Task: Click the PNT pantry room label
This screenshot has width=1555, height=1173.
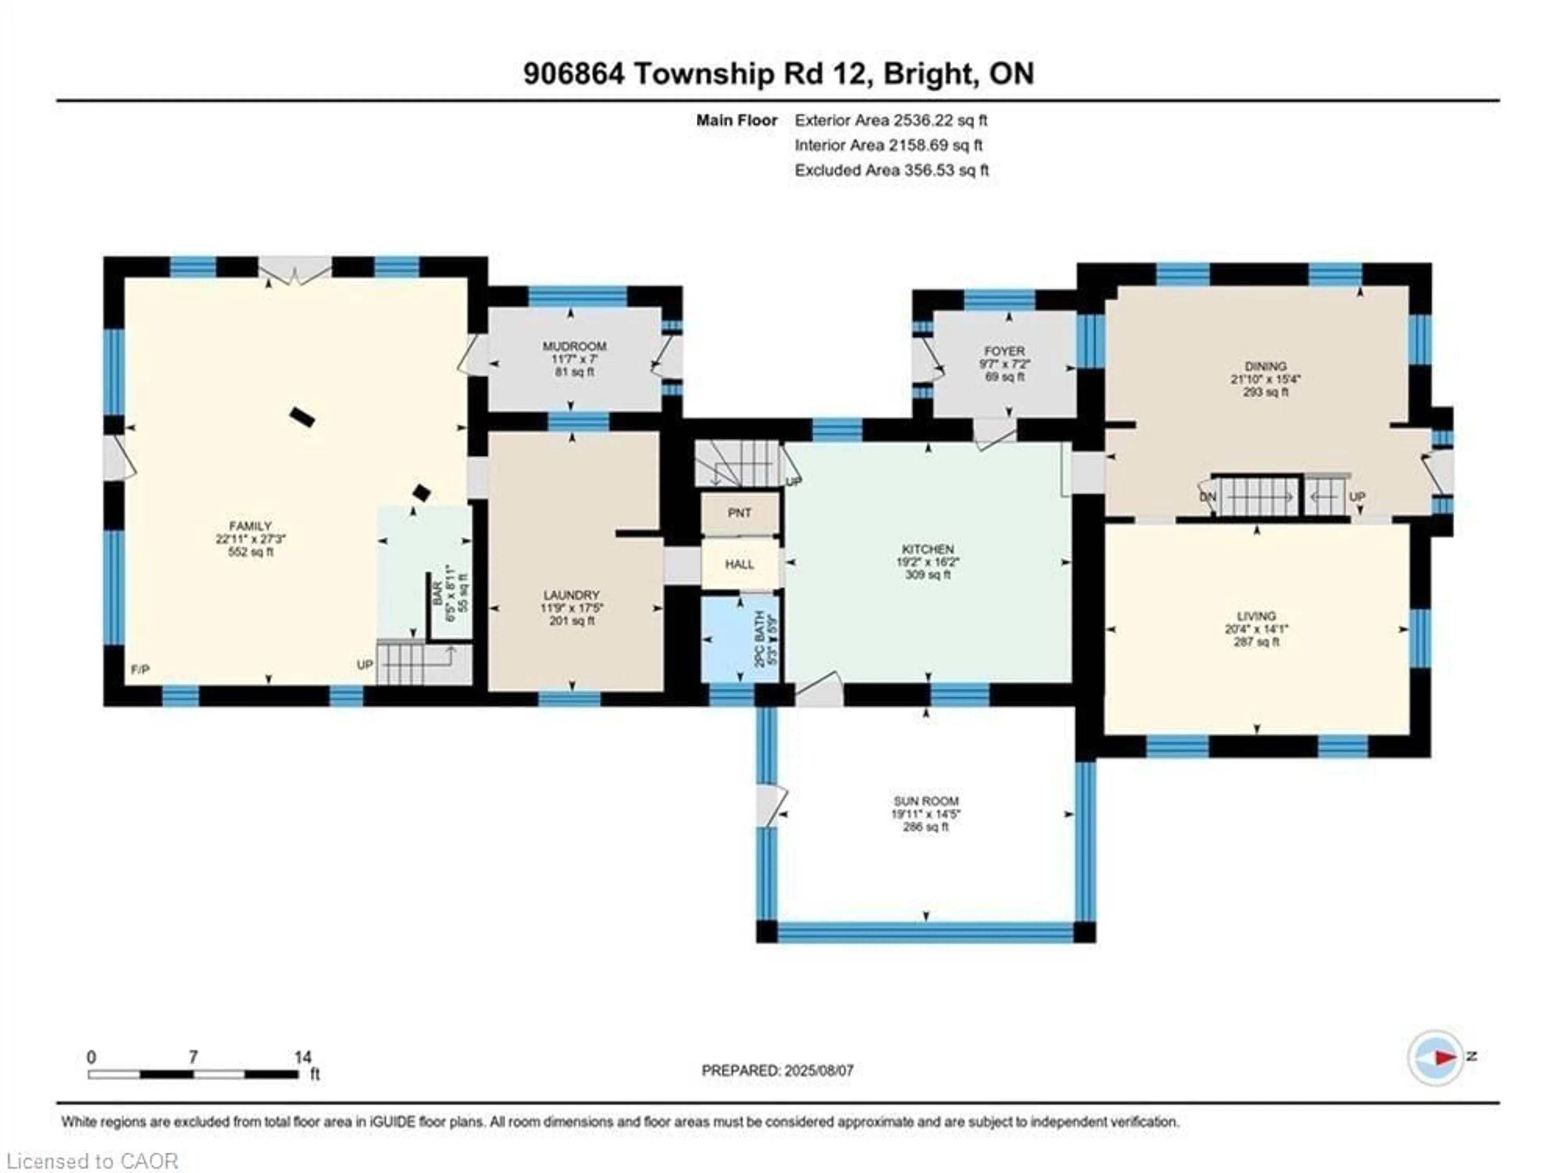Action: (x=739, y=513)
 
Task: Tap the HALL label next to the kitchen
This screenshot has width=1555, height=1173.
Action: (x=739, y=564)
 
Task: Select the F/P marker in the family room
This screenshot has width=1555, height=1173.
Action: (x=140, y=670)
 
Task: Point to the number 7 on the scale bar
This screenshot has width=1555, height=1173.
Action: (x=193, y=1057)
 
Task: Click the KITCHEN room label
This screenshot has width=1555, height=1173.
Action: (x=928, y=549)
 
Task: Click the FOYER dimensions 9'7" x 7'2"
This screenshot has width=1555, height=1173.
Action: (x=1005, y=364)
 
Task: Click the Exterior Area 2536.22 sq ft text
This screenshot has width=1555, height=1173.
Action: (x=890, y=120)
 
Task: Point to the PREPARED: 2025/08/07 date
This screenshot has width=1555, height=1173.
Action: (x=777, y=1070)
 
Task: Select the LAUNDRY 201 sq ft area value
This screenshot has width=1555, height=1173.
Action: (x=571, y=620)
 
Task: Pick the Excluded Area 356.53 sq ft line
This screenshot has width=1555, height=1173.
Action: (x=891, y=170)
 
